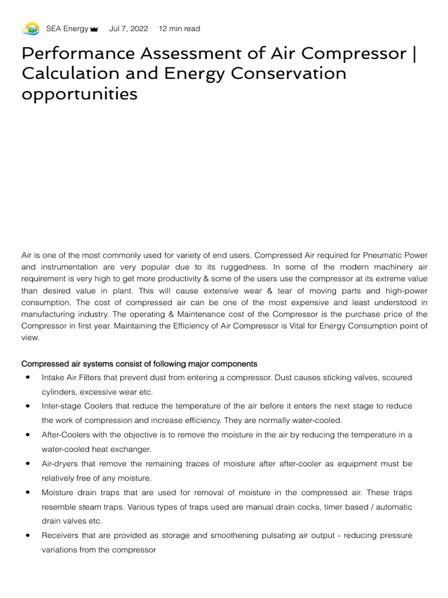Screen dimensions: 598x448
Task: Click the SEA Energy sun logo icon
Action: point(30,28)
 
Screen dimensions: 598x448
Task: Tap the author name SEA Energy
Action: point(67,29)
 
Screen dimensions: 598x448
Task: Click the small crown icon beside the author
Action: point(94,29)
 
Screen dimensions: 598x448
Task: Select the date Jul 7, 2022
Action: point(128,29)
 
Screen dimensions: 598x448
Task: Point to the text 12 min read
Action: point(179,29)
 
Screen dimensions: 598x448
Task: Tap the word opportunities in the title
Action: point(79,93)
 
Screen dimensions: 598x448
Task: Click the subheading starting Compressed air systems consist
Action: point(139,364)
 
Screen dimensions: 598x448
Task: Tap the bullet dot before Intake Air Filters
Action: point(27,378)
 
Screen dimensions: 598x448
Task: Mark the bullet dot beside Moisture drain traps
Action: point(27,492)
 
